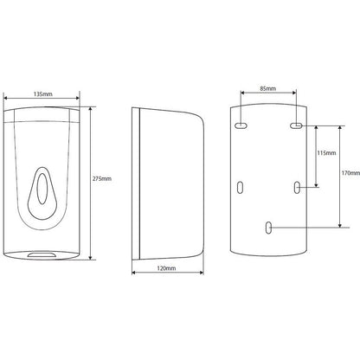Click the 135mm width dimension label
click(x=43, y=94)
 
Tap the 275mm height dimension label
click(x=102, y=179)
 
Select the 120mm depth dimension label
click(x=166, y=268)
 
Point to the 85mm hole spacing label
click(x=268, y=88)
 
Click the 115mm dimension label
click(x=326, y=153)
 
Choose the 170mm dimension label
click(x=350, y=173)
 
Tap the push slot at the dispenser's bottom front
click(x=42, y=254)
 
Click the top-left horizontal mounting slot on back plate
click(x=241, y=125)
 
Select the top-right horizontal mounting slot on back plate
click(x=296, y=125)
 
